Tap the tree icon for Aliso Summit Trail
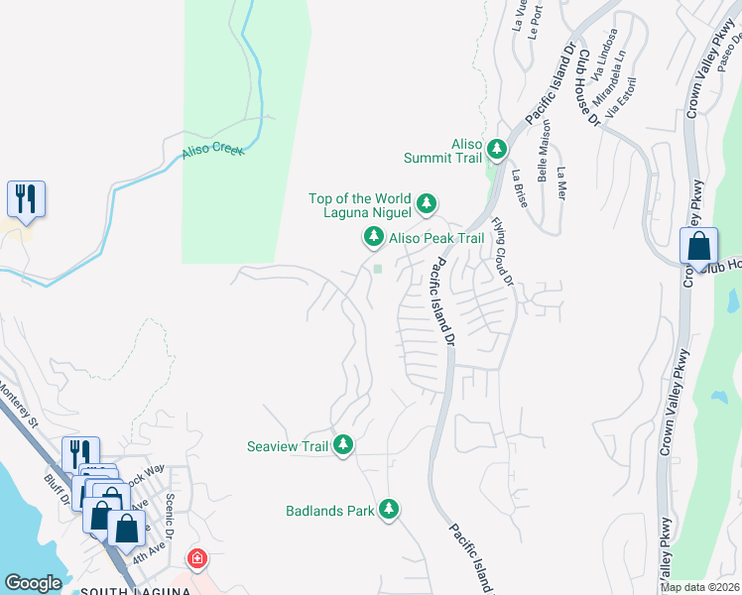(496, 149)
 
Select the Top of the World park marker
(427, 203)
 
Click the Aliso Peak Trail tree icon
(373, 237)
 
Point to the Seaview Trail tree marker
(343, 445)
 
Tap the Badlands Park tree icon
(389, 510)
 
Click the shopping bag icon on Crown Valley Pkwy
(698, 246)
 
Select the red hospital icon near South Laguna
(197, 558)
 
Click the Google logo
(33, 583)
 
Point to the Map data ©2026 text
(699, 587)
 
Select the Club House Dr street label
(589, 89)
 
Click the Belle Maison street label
(543, 159)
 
